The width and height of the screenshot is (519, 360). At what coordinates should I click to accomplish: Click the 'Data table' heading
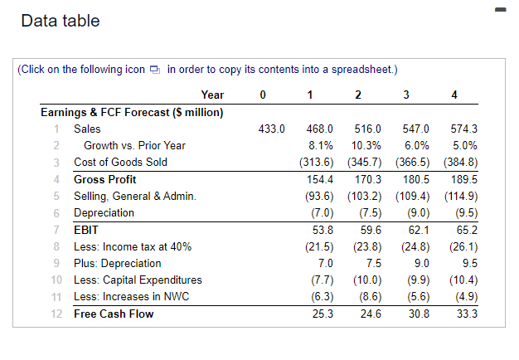(x=61, y=21)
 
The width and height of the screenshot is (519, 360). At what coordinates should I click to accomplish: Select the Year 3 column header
(x=406, y=95)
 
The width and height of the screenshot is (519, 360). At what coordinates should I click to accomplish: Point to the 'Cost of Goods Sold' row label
(x=120, y=162)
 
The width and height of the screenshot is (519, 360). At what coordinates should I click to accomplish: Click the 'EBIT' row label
(x=86, y=230)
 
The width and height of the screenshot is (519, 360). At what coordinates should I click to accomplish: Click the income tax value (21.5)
(x=319, y=246)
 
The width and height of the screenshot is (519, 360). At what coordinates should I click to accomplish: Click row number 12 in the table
(x=55, y=314)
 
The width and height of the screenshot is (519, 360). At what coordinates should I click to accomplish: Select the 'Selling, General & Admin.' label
(x=134, y=196)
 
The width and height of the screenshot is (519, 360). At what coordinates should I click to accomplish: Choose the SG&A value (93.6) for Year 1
(x=319, y=196)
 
